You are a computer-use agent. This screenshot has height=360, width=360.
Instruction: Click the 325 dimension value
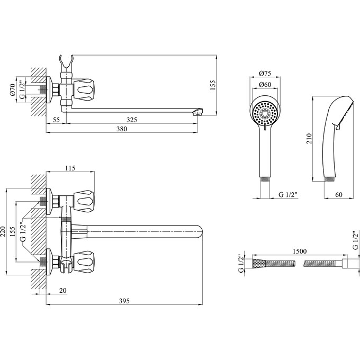click(132, 120)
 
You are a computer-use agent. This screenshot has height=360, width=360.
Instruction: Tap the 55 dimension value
click(56, 120)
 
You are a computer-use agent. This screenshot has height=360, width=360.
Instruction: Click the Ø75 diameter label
click(265, 74)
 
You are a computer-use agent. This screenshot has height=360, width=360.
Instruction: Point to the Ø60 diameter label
click(265, 85)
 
